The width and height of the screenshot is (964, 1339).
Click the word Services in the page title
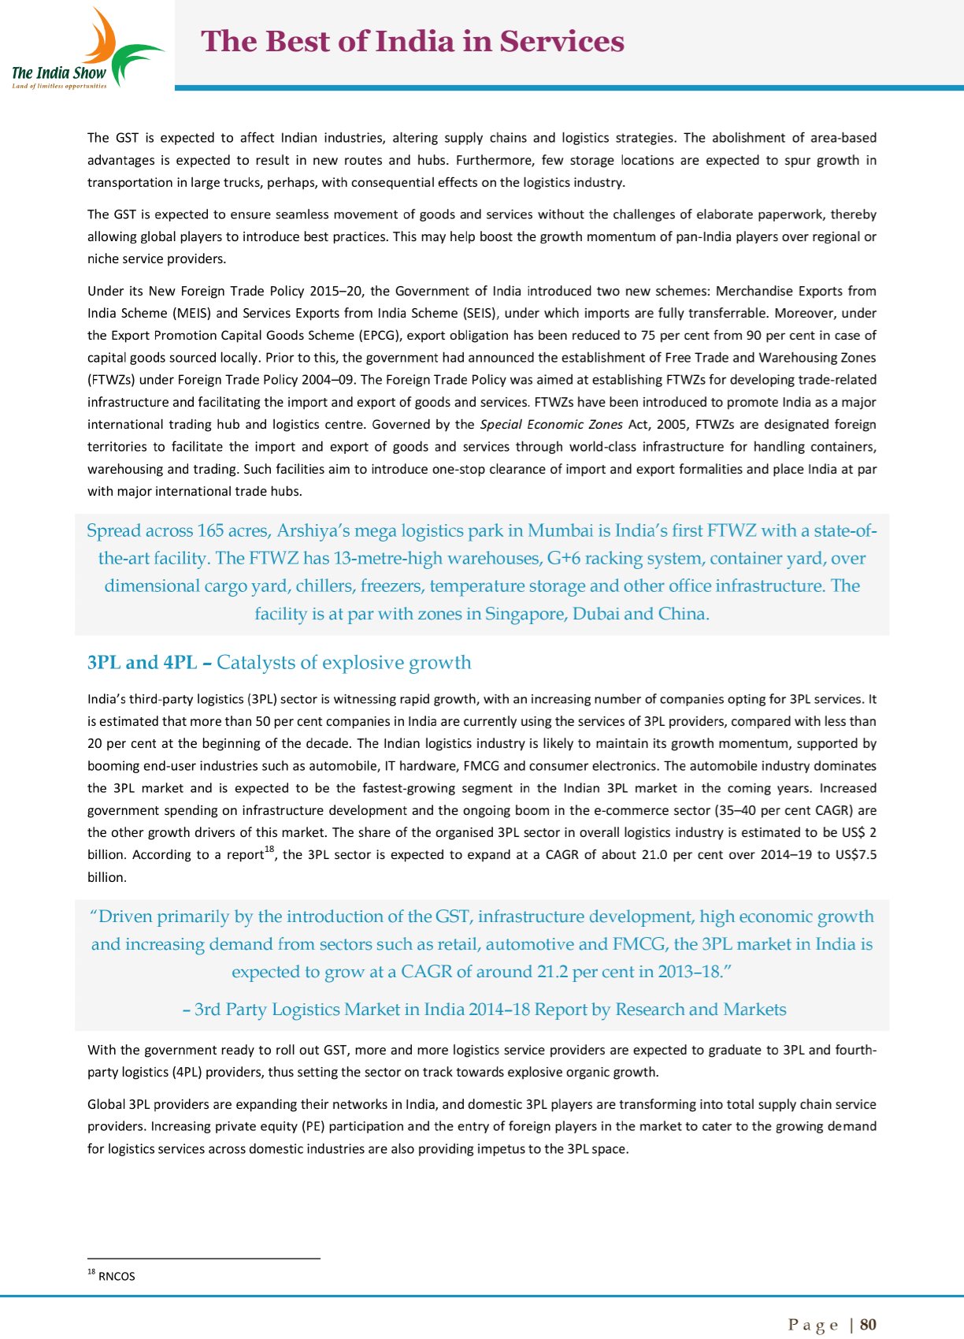click(562, 41)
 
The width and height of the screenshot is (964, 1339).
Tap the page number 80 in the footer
click(868, 1324)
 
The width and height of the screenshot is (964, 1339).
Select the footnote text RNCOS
click(117, 1276)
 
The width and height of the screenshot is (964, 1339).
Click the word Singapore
click(525, 613)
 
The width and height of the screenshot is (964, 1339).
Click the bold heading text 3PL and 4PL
click(142, 662)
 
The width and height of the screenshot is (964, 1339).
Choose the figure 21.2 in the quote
click(552, 972)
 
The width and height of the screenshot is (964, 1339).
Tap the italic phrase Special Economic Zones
click(551, 424)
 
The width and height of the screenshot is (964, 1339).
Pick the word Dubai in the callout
click(595, 613)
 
